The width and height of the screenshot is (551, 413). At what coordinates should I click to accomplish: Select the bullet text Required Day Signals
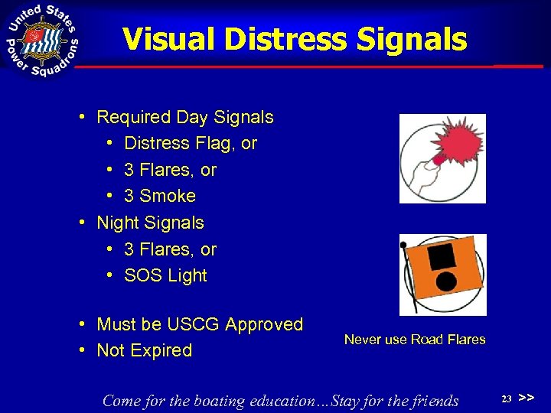[x=184, y=117]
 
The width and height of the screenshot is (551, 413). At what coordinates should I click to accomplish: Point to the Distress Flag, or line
[x=190, y=143]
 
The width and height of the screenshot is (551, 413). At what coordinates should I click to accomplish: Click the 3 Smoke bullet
[x=159, y=196]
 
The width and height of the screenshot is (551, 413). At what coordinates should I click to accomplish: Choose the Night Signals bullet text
[x=150, y=223]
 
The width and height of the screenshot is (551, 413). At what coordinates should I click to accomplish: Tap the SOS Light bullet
[x=165, y=275]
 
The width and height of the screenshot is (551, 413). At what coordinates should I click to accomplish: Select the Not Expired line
[x=144, y=350]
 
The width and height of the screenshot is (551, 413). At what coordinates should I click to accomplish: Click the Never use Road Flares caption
[x=415, y=339]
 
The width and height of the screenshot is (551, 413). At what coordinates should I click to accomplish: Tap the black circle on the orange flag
[x=445, y=285]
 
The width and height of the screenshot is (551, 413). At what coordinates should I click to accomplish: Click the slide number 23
[x=506, y=398]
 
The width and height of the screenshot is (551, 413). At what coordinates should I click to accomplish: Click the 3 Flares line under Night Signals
[x=170, y=249]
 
